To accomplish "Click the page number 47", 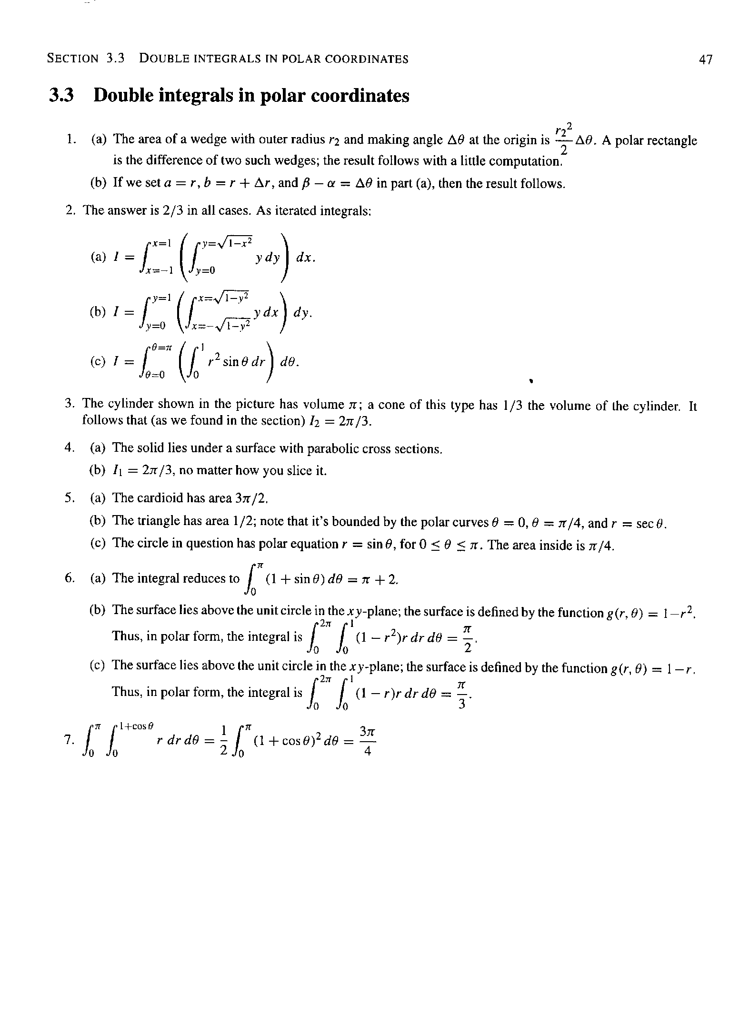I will [706, 59].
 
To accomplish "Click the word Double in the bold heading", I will [122, 96].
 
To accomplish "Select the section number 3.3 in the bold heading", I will [62, 96].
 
